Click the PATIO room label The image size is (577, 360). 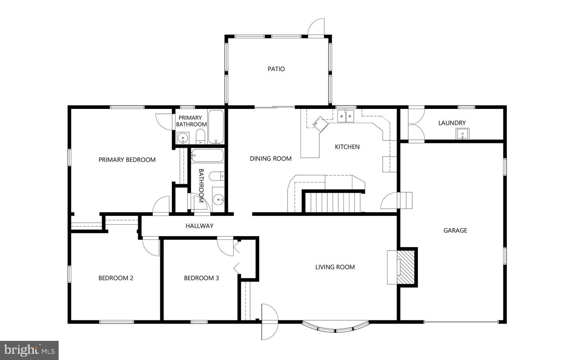(276, 69)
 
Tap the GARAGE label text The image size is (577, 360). (455, 230)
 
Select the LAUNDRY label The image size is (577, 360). (452, 123)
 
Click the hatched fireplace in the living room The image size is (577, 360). (406, 267)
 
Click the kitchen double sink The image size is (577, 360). (346, 116)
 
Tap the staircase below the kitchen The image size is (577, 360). (333, 202)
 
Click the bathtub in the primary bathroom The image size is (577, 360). (216, 127)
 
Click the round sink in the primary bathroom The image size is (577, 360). (183, 139)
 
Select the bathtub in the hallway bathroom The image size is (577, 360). (206, 155)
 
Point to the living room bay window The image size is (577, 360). (335, 328)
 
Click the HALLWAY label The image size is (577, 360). (199, 226)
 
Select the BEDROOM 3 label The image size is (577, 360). (201, 278)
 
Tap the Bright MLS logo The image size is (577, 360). (29, 350)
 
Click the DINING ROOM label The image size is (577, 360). (270, 159)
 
